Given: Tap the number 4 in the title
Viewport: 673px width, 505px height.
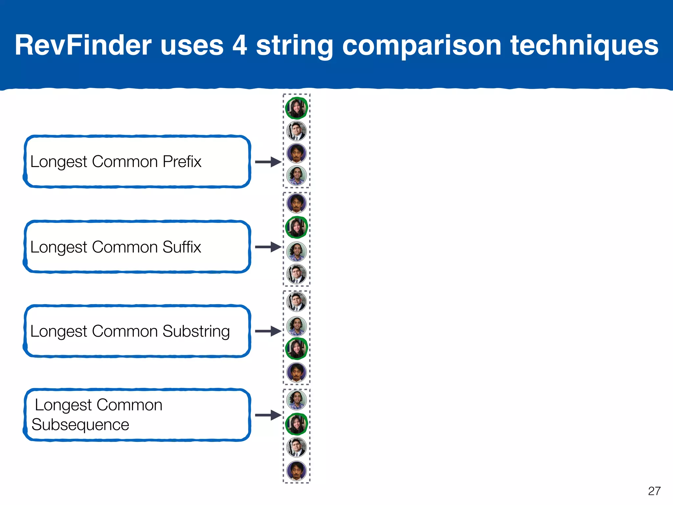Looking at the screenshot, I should click(240, 45).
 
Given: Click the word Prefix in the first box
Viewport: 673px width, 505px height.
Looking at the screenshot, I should click(182, 161).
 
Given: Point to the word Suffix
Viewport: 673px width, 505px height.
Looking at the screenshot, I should click(181, 247).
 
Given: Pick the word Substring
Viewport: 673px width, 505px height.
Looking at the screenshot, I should click(196, 331).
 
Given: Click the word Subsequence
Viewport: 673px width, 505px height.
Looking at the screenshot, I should click(81, 424).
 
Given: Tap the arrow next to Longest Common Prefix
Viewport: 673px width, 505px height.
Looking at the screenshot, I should click(268, 162).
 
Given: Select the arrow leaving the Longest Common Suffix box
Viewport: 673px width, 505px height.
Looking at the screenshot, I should click(268, 247).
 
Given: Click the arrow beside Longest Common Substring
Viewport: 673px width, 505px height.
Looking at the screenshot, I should click(268, 331).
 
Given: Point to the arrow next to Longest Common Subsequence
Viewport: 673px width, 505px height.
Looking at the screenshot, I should click(268, 415).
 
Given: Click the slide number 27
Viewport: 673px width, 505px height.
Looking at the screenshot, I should click(654, 491).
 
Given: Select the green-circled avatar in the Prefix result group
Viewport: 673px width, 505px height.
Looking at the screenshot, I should click(296, 108).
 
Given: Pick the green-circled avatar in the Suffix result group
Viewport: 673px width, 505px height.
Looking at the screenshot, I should click(296, 227).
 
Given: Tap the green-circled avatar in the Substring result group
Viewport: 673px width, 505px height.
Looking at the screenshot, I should click(296, 349).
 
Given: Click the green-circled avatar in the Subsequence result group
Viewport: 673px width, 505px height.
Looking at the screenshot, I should click(296, 424).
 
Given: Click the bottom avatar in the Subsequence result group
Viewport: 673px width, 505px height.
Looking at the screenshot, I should click(296, 471).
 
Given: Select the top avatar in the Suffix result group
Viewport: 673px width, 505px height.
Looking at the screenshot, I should click(296, 203).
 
